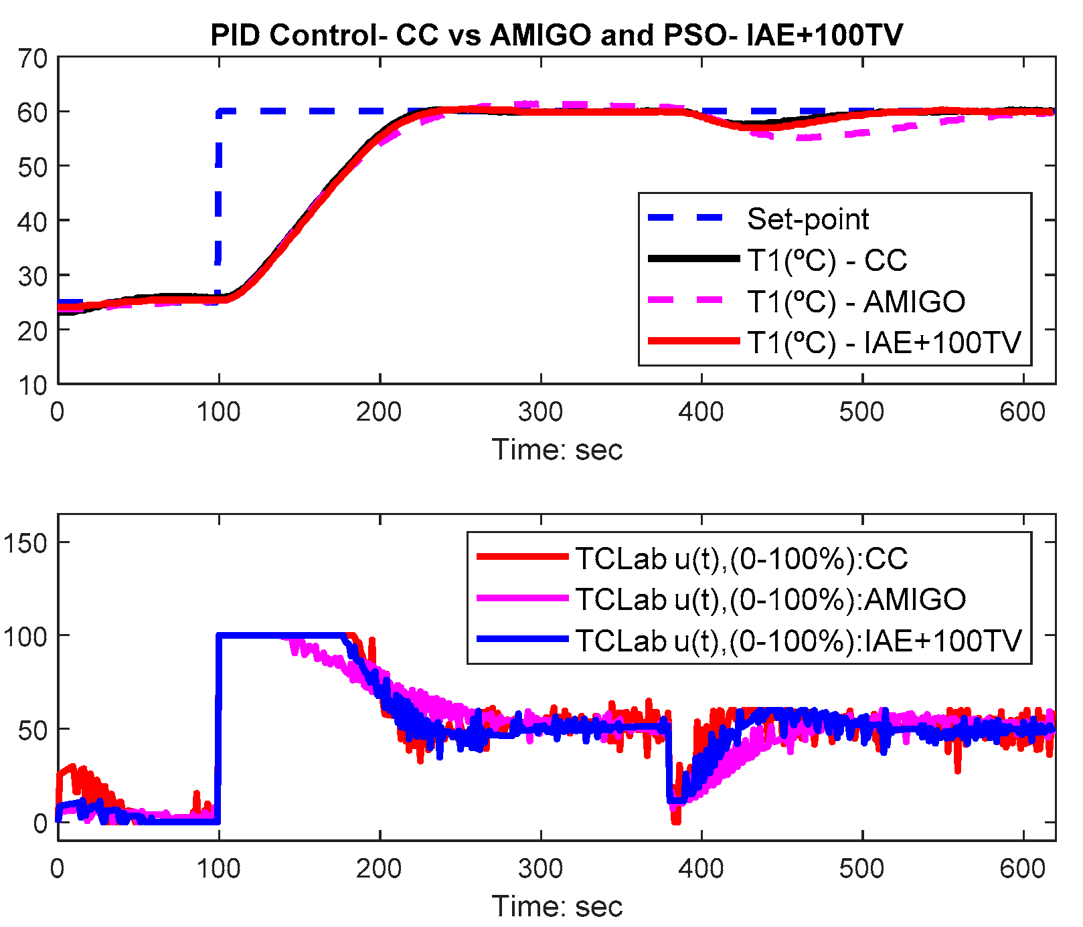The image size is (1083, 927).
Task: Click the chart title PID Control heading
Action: pyautogui.click(x=556, y=35)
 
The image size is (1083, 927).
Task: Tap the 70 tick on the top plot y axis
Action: pyautogui.click(x=32, y=59)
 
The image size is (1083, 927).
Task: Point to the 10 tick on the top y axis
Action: pyautogui.click(x=32, y=385)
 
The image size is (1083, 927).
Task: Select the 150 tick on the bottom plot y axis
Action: pyautogui.click(x=25, y=543)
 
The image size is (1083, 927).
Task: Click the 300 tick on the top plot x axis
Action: pyautogui.click(x=540, y=412)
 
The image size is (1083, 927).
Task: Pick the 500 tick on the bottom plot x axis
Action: pyautogui.click(x=862, y=869)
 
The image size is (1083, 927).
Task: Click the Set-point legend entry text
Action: pyautogui.click(x=807, y=219)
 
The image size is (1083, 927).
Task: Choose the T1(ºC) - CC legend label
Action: pyautogui.click(x=827, y=261)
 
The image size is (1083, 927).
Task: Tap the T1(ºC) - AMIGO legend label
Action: pyautogui.click(x=856, y=302)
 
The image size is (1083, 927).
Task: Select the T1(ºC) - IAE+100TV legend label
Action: pyautogui.click(x=884, y=343)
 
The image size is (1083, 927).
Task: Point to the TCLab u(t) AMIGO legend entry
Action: pyautogui.click(x=770, y=599)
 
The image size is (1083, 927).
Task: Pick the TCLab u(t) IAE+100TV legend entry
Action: pyautogui.click(x=798, y=641)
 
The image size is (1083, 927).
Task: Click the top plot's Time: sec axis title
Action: pyautogui.click(x=557, y=449)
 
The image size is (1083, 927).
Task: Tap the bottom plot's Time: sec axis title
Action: pyautogui.click(x=557, y=906)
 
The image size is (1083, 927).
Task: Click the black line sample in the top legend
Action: pyautogui.click(x=693, y=259)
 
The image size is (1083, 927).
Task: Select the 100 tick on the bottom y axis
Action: pyautogui.click(x=25, y=636)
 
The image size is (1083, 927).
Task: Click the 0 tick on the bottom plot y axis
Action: pyautogui.click(x=40, y=823)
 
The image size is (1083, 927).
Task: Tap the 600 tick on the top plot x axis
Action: pyautogui.click(x=1022, y=412)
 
